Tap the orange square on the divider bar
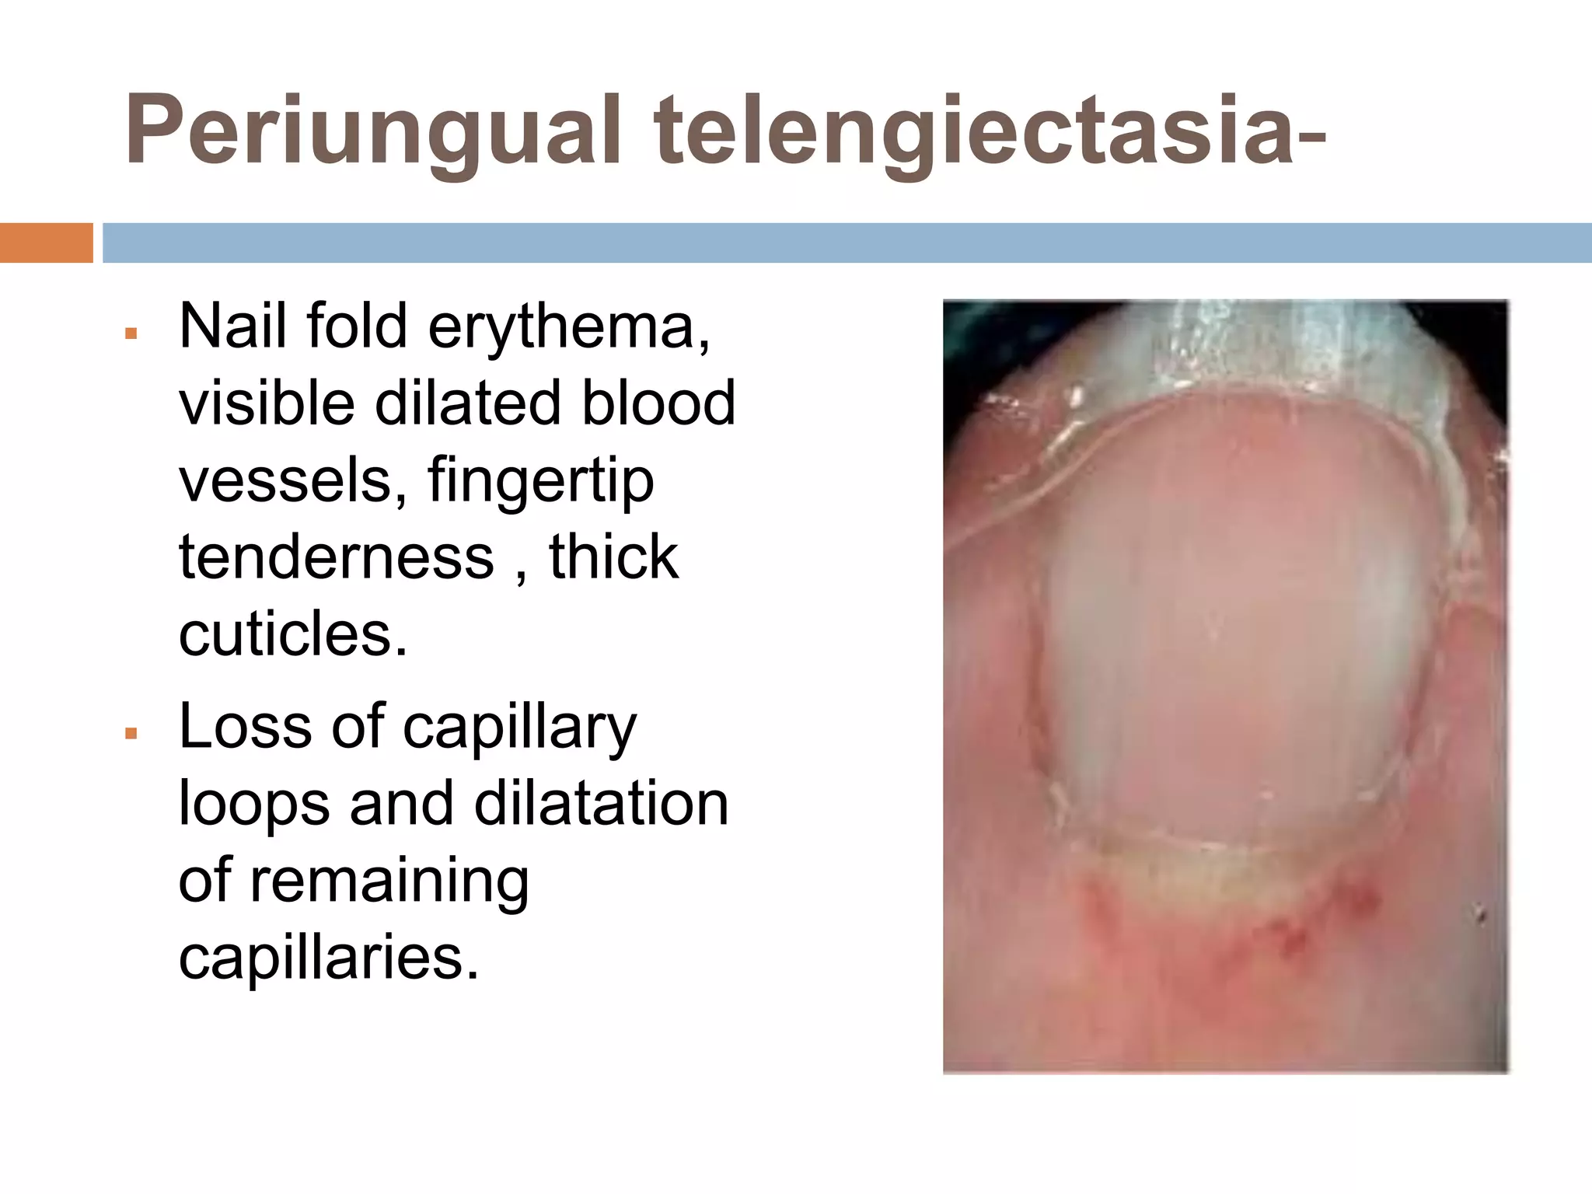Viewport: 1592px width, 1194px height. tap(46, 243)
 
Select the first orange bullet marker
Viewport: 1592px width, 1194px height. tap(131, 333)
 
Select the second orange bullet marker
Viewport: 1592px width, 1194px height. tap(131, 733)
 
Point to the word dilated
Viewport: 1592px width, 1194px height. tap(468, 404)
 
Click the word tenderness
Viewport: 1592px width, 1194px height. tap(336, 557)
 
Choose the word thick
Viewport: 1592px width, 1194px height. tap(613, 557)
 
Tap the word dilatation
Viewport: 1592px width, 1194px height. tap(601, 804)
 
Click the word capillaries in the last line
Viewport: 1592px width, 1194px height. tap(329, 957)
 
